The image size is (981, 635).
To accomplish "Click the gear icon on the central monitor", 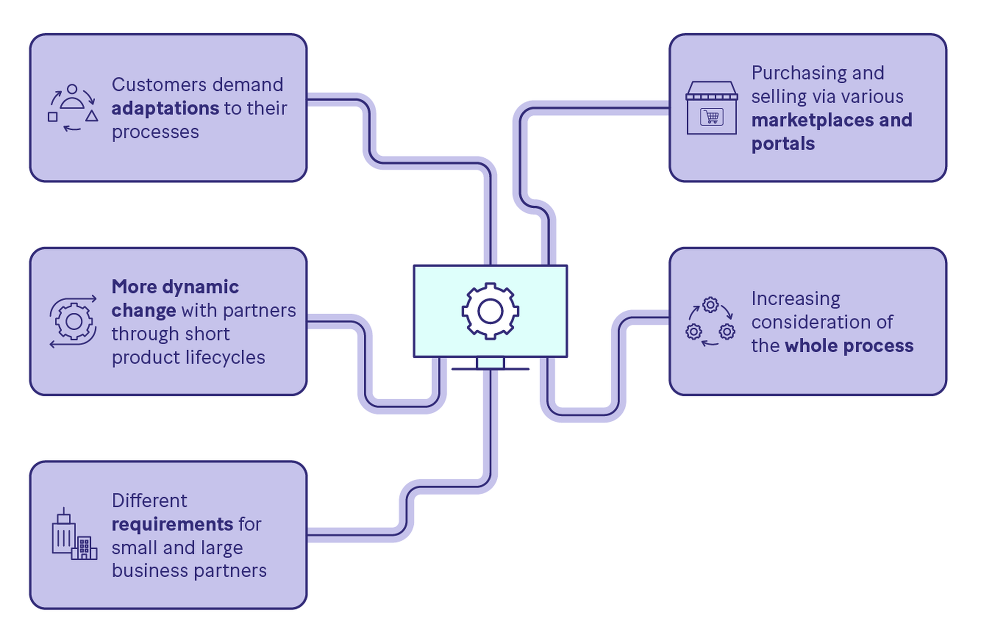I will pos(490,311).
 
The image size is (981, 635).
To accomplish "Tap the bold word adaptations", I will pos(165,108).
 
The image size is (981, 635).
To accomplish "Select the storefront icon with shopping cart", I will pos(712,108).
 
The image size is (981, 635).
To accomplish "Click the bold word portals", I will pos(783,143).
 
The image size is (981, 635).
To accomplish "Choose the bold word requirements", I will pos(172,524).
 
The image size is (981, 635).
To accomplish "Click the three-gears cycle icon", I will pos(710,322).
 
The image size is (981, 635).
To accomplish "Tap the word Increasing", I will pos(796,299).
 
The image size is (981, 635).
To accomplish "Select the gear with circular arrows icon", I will pos(74,322).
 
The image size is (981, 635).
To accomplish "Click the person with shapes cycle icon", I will pos(73,108).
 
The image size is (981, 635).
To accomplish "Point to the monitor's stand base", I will pos(490,368).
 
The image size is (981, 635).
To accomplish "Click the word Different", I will pos(149,501).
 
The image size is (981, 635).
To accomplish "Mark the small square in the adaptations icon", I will pos(53,117).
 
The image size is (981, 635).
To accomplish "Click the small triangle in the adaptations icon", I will pos(92,116).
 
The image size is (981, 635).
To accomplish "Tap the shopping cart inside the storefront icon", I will pos(712,117).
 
